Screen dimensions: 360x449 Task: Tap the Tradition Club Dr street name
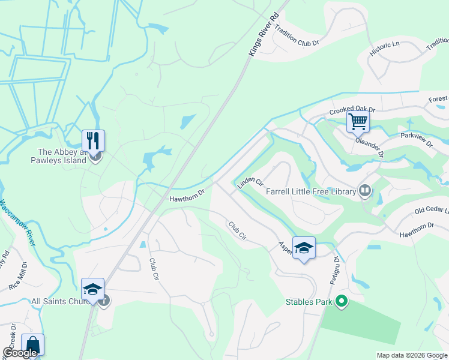pos(297,38)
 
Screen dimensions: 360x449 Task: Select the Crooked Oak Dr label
pos(352,111)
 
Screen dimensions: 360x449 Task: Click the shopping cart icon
pos(358,121)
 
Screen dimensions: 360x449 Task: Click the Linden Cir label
pos(250,182)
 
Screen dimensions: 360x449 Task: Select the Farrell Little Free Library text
pos(311,191)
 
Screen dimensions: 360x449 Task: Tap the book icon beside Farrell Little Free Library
pos(364,191)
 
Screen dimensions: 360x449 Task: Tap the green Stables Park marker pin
pos(342,301)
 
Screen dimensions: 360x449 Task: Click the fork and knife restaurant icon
pos(93,140)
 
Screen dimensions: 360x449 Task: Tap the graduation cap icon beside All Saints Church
pos(93,289)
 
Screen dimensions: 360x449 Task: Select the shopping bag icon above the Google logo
pos(32,344)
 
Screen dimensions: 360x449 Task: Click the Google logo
pos(19,353)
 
